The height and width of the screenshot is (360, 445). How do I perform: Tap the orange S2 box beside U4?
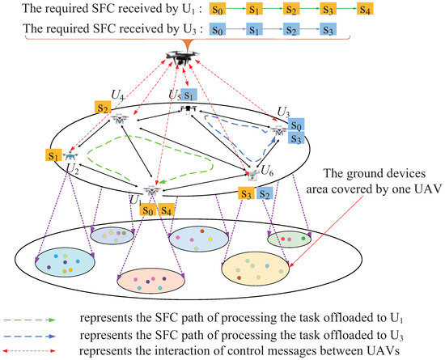point(101,107)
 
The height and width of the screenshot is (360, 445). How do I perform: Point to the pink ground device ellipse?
point(151,280)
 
